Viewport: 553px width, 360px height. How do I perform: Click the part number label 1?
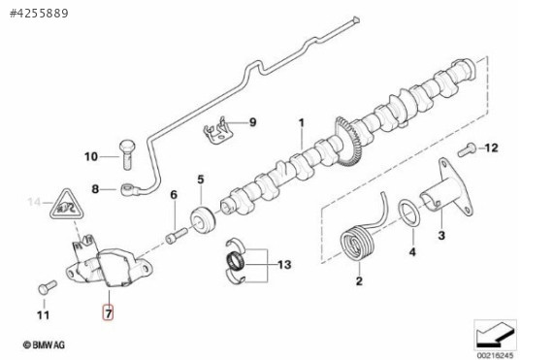301,123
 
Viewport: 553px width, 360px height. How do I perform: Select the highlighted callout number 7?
109,313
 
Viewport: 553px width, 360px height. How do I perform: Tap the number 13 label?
283,264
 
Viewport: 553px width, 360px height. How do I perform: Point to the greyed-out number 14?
35,204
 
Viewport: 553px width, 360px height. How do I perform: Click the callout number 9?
252,123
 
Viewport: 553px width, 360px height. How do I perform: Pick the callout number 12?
490,148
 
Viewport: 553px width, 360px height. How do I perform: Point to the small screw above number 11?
41,288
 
